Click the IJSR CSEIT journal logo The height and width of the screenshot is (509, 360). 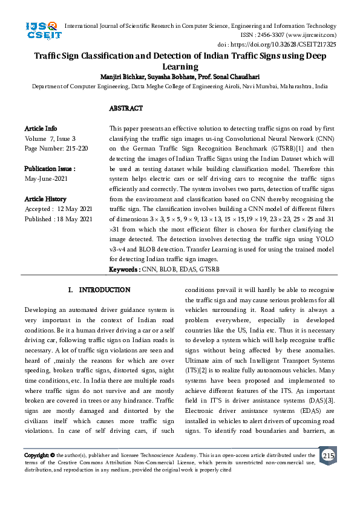pos(42,31)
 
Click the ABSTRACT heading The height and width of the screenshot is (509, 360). pos(126,108)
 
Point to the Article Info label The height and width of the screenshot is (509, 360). pos(41,129)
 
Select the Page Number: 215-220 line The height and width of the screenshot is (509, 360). pos(56,148)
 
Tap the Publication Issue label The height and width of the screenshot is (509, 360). pos(50,169)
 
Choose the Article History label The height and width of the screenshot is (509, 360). pos(45,199)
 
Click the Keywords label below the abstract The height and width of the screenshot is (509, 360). pos(124,268)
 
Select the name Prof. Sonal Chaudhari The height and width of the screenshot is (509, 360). pos(238,77)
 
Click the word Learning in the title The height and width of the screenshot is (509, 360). pos(180,67)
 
